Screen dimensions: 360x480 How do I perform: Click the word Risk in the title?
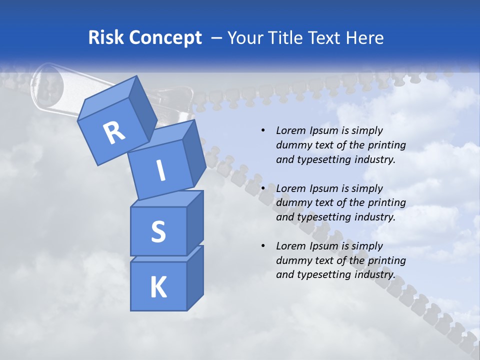(106, 38)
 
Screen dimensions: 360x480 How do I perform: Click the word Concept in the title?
(165, 38)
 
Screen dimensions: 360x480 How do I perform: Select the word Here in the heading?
(364, 38)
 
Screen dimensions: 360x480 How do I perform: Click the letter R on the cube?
(114, 132)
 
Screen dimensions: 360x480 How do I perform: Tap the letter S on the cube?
(158, 231)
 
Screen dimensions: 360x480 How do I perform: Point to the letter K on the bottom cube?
(158, 287)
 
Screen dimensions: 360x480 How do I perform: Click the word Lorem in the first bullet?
(290, 130)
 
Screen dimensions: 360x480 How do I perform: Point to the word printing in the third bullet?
(386, 260)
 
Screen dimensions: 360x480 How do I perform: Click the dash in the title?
(217, 38)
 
